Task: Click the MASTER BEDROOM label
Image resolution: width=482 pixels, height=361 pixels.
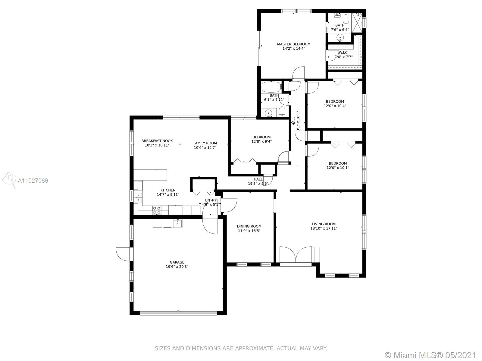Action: [x=294, y=44]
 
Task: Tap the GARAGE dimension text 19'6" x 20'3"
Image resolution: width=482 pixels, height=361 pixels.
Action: [x=177, y=267]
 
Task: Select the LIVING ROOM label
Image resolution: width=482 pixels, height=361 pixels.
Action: [x=324, y=224]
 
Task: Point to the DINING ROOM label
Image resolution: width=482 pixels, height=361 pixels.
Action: [x=249, y=226]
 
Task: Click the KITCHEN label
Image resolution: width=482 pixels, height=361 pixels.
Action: [x=168, y=190]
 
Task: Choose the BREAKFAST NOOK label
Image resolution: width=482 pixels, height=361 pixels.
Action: [x=157, y=141]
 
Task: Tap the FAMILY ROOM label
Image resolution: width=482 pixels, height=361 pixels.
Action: [x=205, y=143]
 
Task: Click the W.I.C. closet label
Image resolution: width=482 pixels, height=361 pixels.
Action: [x=343, y=53]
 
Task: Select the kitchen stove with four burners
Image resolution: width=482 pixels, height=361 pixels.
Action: [x=157, y=210]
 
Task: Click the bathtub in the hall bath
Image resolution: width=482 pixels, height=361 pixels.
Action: [x=271, y=87]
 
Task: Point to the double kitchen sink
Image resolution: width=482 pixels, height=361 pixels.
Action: [x=138, y=197]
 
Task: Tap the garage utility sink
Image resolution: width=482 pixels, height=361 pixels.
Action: [x=178, y=223]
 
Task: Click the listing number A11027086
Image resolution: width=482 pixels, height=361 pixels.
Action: [x=33, y=180]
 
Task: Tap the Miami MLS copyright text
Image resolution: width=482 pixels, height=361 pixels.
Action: [x=431, y=355]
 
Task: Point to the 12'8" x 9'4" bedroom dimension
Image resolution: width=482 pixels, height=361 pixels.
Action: [x=261, y=142]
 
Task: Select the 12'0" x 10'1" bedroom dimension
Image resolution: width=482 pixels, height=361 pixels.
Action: [x=338, y=168]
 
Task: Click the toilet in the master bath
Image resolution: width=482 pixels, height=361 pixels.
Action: [x=346, y=19]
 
